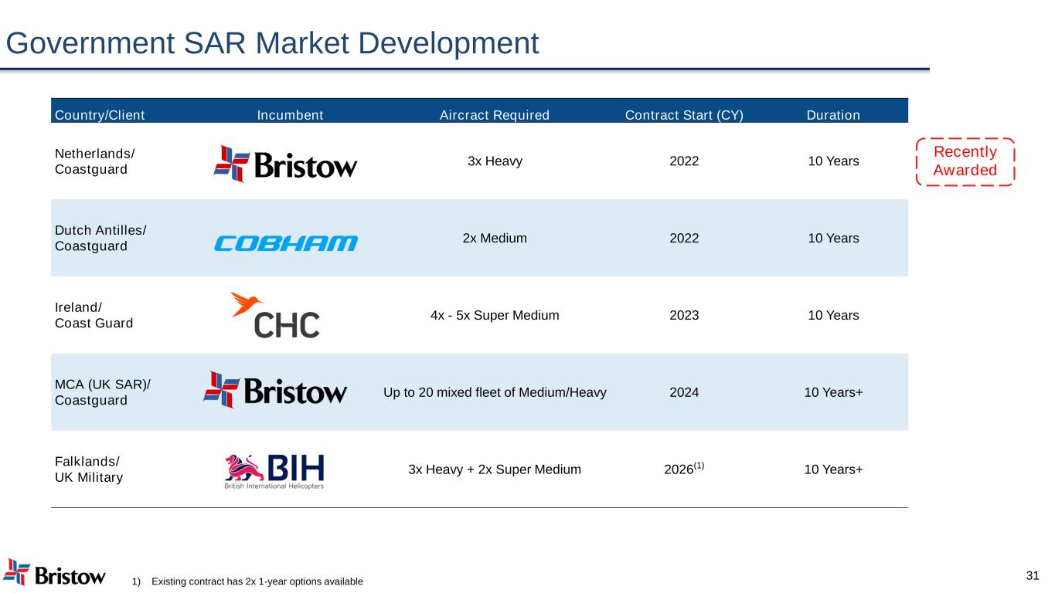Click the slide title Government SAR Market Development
click(x=272, y=43)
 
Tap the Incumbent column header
click(x=290, y=115)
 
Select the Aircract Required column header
click(x=495, y=115)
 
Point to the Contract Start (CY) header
click(x=684, y=115)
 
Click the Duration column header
click(x=833, y=115)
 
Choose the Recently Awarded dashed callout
click(x=965, y=161)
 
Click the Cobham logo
click(x=286, y=243)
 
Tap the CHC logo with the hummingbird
click(x=275, y=315)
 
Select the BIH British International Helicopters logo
click(x=274, y=471)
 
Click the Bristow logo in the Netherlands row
click(x=285, y=164)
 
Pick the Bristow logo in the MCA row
click(x=275, y=390)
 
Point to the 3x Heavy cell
click(x=495, y=161)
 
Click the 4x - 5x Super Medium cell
click(x=495, y=315)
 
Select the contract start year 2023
click(x=684, y=315)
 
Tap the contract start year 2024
click(x=684, y=392)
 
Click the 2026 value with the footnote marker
click(x=684, y=469)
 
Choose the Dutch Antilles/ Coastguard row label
click(x=100, y=238)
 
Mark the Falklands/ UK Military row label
click(x=89, y=469)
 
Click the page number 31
click(x=1033, y=575)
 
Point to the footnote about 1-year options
click(x=248, y=581)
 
